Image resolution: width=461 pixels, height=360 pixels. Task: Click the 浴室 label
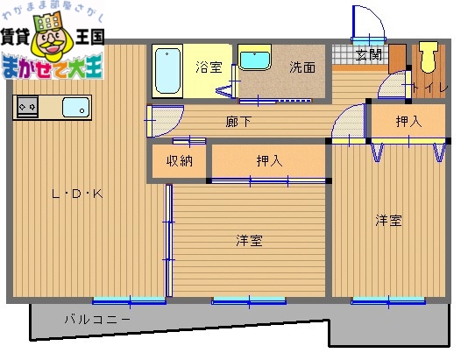(209, 67)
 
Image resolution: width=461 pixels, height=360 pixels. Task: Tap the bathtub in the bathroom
(167, 72)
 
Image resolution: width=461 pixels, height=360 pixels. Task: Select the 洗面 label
(303, 67)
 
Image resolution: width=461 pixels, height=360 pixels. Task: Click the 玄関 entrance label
(369, 54)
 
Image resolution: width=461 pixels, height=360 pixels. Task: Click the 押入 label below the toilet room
(408, 121)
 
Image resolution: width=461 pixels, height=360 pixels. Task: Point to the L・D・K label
(77, 194)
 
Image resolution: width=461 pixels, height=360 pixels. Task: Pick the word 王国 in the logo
(89, 37)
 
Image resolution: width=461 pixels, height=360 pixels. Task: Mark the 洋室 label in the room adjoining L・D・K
(250, 239)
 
